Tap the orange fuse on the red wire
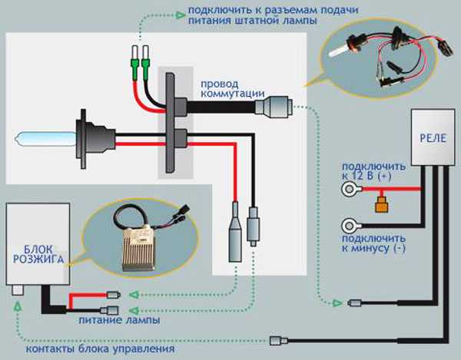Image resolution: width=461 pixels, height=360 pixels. [x=380, y=205]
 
